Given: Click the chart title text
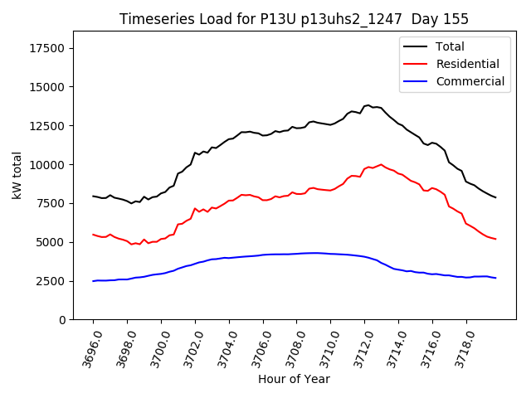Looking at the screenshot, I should tap(294, 19).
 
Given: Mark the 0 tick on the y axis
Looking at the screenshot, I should tap(63, 320).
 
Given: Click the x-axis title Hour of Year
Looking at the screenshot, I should tap(294, 380).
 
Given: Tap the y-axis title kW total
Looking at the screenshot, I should tap(17, 175).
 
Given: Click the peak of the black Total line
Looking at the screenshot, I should tap(368, 105).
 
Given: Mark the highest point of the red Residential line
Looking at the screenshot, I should tap(381, 164).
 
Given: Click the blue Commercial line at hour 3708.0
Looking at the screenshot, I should tap(296, 254).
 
